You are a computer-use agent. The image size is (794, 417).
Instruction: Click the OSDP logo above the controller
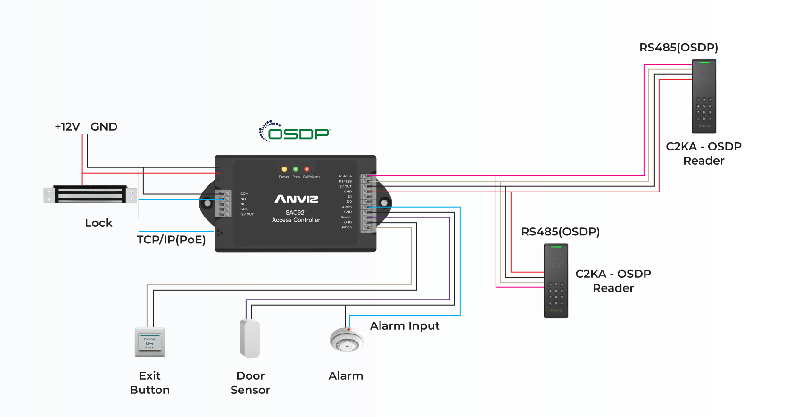coord(296,132)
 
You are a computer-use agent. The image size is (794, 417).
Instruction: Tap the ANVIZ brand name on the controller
coord(296,199)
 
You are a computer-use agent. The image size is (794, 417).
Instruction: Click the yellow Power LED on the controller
coord(284,169)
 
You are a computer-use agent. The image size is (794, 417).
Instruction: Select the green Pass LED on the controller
coord(296,169)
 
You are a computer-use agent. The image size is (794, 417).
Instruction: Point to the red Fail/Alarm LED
coord(307,169)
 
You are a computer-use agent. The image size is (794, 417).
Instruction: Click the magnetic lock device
coord(90,194)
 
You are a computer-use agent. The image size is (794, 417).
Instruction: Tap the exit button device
coord(149,342)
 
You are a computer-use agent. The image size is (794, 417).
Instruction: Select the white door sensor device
coord(250,339)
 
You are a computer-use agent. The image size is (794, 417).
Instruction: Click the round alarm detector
coord(347,340)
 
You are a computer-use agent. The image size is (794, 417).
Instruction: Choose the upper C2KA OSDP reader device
coord(704,96)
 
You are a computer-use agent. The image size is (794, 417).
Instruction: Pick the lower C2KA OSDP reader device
coord(556,281)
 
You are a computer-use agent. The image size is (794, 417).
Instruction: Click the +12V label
coord(67,127)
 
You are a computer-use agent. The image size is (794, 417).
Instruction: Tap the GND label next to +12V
coord(104,127)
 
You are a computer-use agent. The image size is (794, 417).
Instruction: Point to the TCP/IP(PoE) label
coord(171,240)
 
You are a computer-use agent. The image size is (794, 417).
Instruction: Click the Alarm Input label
coord(405,326)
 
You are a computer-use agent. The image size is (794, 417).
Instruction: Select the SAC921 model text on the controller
coord(296,213)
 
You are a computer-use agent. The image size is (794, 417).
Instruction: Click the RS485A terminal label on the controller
coord(345,176)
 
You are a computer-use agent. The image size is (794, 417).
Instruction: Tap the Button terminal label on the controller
coord(346,227)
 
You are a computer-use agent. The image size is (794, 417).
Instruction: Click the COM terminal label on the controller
coord(244,194)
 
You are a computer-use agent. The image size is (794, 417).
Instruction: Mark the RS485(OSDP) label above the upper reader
coord(678,48)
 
